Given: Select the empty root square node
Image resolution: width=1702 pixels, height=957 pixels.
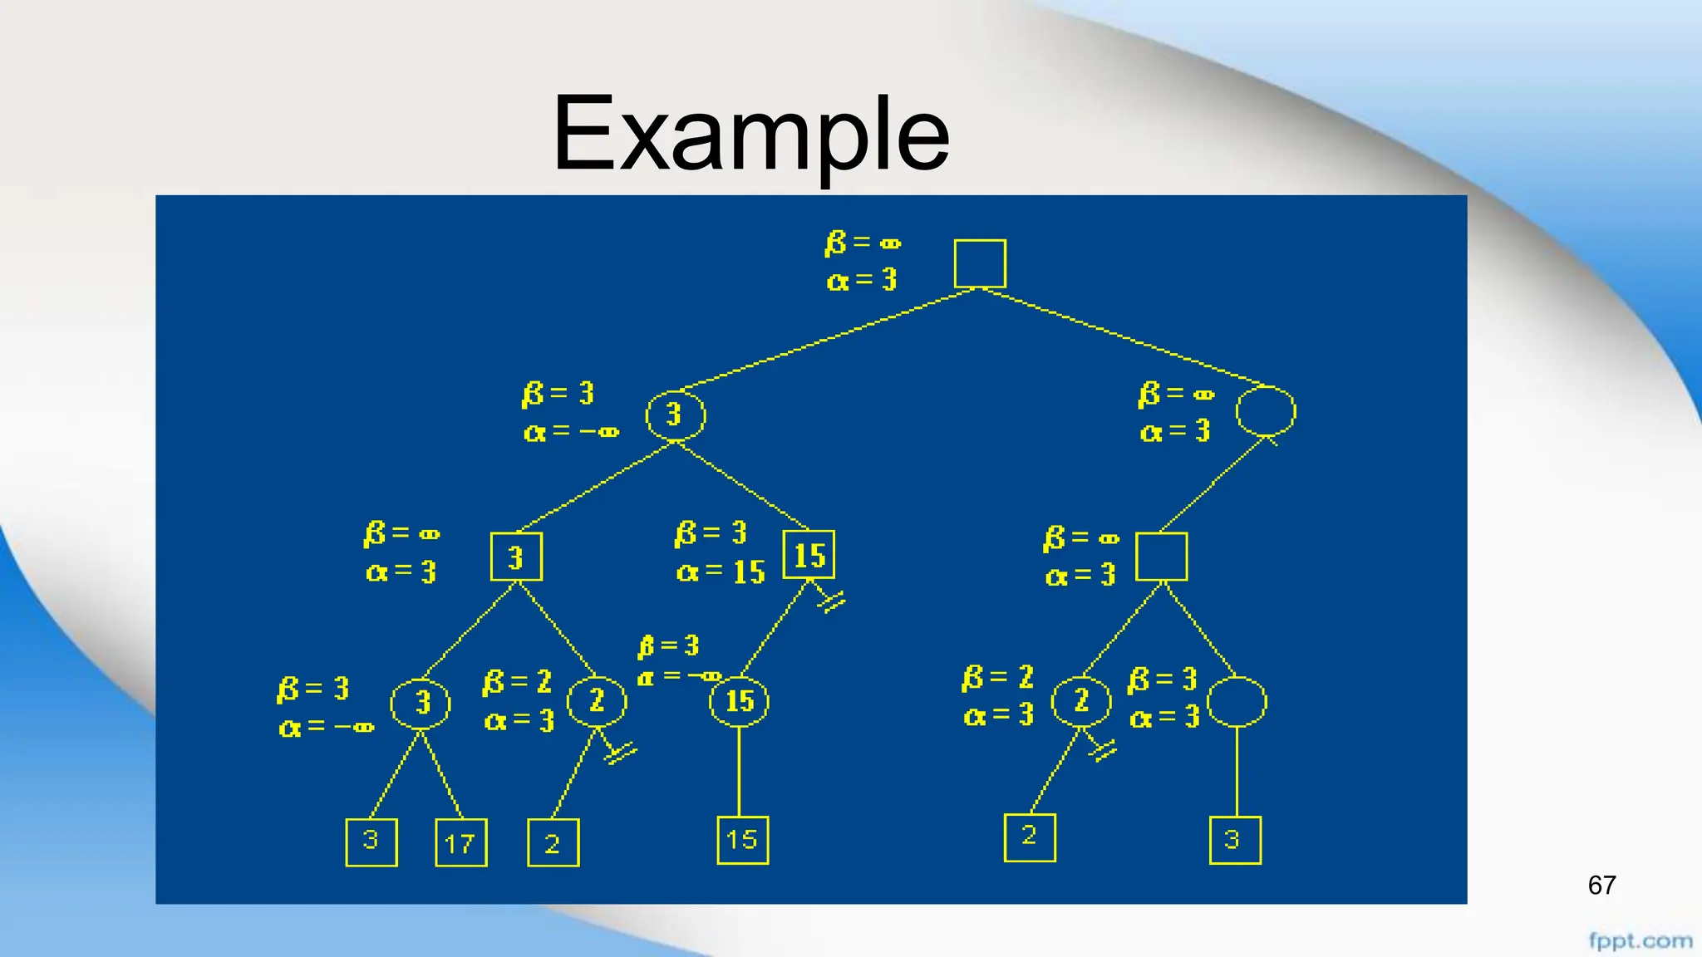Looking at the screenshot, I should point(980,263).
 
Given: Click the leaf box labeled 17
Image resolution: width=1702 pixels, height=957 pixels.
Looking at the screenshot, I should point(461,842).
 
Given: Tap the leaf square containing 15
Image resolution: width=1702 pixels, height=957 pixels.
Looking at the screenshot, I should point(742,840).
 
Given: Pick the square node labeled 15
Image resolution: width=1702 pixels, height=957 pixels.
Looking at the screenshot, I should point(809,555).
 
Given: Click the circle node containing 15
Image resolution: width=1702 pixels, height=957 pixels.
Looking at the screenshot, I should point(739,701).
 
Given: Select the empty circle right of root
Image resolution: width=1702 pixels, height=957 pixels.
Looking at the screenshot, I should point(1265,411).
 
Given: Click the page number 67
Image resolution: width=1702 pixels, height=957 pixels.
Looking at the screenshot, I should point(1601,885).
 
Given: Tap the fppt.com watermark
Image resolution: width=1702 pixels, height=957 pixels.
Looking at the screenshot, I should point(1640,940).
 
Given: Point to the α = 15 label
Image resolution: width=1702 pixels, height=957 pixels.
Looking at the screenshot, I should point(721,572).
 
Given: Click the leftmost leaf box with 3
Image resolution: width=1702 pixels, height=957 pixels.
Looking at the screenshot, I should point(371,842).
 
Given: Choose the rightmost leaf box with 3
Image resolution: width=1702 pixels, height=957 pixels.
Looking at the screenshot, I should point(1235,840).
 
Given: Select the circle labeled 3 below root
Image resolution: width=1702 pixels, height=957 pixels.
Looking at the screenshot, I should point(675,415).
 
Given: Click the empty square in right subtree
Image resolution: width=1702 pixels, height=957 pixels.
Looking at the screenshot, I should point(1161,557).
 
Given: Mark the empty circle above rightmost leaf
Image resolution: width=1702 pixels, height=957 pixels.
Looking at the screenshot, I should point(1237,702).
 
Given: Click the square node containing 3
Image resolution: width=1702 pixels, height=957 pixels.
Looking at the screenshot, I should point(516,557).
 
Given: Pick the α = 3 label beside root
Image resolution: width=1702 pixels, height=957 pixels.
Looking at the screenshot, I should point(862,280).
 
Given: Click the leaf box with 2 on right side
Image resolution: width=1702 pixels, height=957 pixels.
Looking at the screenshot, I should point(1029,837).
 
